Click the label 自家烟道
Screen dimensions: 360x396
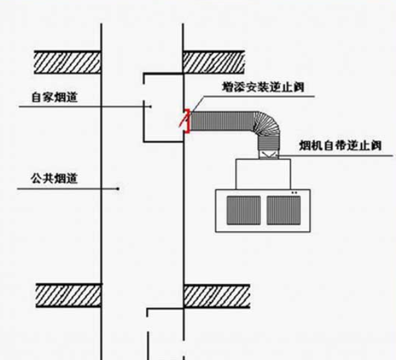(x=55, y=98)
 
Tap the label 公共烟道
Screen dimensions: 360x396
(x=54, y=178)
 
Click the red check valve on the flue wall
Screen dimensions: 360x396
(x=188, y=121)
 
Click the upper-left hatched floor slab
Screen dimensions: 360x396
(x=68, y=61)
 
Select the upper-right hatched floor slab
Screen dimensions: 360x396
(x=215, y=61)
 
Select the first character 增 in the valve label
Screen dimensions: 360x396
(x=228, y=87)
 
